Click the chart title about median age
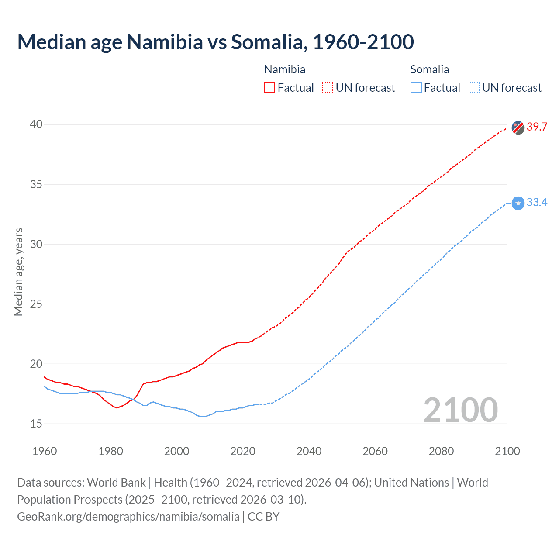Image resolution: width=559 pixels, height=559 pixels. (215, 42)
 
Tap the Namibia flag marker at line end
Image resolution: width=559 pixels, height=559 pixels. (518, 127)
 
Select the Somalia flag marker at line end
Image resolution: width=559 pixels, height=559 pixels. (518, 203)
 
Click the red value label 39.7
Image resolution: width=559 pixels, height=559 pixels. (537, 127)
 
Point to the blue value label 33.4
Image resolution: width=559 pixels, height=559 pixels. (537, 203)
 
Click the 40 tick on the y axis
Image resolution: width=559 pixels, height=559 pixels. (36, 124)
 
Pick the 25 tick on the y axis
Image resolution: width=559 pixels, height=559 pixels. (36, 304)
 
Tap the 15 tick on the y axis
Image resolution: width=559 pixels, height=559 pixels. (36, 424)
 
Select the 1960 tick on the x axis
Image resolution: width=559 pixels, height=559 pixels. (45, 451)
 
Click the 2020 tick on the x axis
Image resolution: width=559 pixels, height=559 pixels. (243, 451)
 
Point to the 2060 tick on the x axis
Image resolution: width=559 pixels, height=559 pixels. (375, 451)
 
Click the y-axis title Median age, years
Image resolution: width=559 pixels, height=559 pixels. (18, 272)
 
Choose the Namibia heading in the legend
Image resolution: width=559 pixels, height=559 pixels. (285, 69)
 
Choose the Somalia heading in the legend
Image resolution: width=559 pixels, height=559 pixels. (430, 69)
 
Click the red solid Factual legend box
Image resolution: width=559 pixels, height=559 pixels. (269, 88)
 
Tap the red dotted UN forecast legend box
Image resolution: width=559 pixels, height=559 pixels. (328, 88)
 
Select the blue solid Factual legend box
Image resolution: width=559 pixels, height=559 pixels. (416, 88)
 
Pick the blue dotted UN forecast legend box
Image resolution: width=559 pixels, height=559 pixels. (474, 88)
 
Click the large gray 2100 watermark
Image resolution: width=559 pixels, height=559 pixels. (460, 410)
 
